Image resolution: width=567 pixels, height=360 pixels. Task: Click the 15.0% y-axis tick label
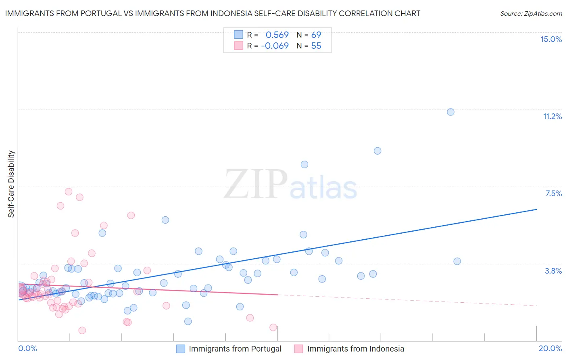coord(551,39)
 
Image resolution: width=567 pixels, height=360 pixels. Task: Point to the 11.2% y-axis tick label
coord(552,116)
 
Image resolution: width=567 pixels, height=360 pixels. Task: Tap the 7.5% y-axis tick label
coord(553,193)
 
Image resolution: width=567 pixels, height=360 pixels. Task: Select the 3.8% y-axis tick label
coord(553,271)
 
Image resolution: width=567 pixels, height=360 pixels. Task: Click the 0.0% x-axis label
coord(27,348)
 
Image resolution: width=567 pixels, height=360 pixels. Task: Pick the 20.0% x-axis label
coord(550,348)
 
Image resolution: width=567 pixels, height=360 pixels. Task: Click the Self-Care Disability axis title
coord(11,184)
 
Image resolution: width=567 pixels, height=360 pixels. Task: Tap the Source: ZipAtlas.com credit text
coord(531,13)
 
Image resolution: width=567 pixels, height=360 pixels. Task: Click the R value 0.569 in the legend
coord(277,35)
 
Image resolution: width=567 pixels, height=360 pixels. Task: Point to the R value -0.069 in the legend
coord(275,46)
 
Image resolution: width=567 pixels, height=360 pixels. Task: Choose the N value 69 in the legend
coord(316,35)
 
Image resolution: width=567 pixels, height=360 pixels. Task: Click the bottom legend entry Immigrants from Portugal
coord(235,349)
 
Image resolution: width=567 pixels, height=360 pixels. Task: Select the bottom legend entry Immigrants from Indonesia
coord(355,349)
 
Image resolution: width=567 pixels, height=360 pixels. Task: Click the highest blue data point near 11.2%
coord(450,112)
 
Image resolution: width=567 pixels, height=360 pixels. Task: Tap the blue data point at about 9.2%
coord(377,151)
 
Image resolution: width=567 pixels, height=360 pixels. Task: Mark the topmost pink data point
coord(69,192)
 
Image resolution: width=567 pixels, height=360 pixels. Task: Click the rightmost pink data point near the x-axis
coord(273,327)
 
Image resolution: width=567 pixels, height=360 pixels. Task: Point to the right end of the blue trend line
coord(536,209)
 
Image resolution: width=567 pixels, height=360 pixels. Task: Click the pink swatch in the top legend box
coord(238,46)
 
